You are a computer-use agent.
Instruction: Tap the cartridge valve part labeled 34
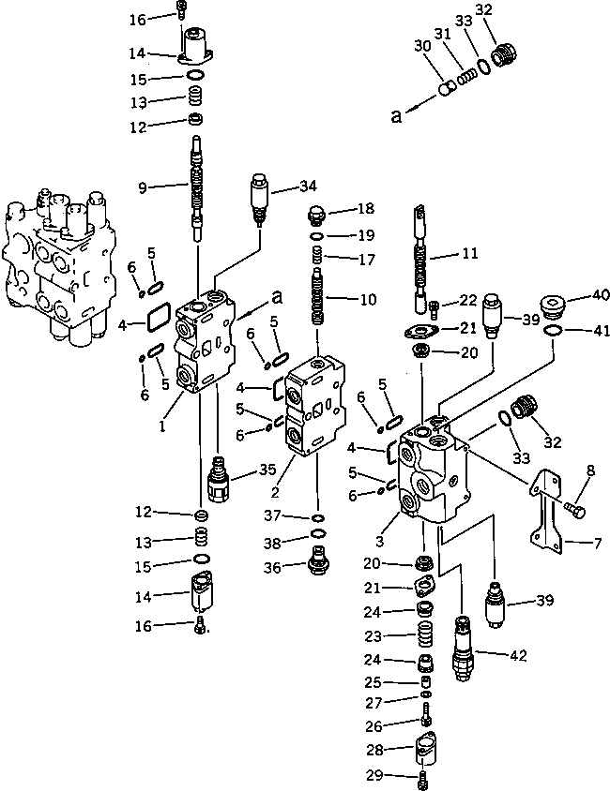point(259,194)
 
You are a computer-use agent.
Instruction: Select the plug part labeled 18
point(317,216)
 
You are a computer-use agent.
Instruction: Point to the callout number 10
point(368,300)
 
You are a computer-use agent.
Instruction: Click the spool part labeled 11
point(424,258)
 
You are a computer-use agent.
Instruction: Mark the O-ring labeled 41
point(554,331)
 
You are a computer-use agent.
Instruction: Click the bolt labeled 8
point(575,507)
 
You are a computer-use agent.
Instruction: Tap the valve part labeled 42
point(463,646)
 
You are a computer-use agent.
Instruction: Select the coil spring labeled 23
point(423,637)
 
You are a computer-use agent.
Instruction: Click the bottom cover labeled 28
point(423,754)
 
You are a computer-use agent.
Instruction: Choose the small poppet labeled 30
point(448,88)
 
